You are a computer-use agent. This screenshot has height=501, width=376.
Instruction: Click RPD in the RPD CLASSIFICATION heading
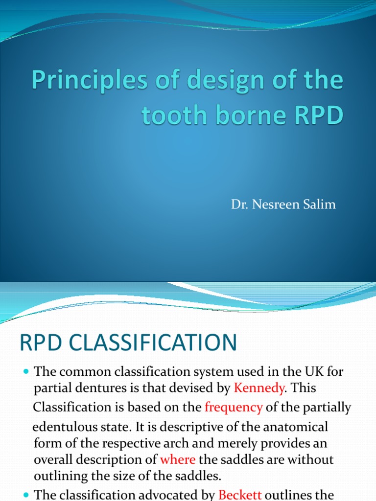40,342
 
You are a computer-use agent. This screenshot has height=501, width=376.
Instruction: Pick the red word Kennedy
258,389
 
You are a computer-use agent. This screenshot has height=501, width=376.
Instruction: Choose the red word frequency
234,407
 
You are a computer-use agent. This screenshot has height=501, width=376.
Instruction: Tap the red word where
178,460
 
